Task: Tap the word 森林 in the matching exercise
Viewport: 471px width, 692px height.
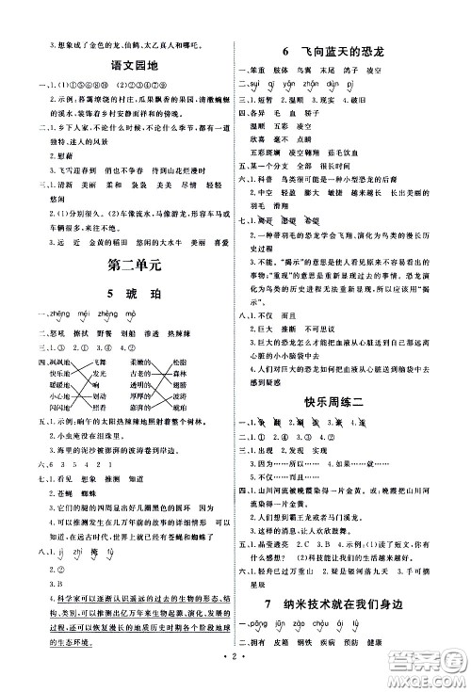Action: click(x=181, y=373)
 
